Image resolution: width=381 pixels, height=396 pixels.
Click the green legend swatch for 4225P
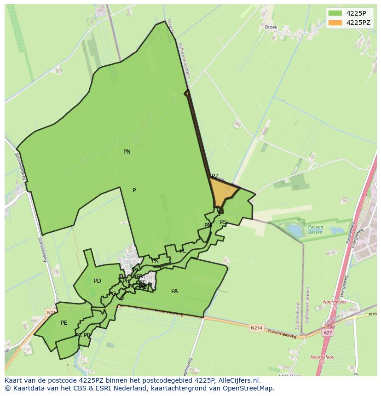[x=335, y=13]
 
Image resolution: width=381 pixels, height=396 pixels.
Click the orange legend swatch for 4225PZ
[x=335, y=23]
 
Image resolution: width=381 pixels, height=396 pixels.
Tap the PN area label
[x=127, y=152]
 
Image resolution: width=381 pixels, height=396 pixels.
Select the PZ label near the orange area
[x=215, y=176]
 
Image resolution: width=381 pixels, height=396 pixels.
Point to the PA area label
[x=174, y=291]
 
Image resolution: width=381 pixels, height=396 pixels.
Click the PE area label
[x=64, y=323]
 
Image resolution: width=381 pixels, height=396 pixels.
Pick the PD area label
[x=98, y=281]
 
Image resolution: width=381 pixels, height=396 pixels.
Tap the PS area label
[x=223, y=222]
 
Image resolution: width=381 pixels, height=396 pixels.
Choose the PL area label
[x=183, y=251]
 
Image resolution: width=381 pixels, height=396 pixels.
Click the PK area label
[x=155, y=261]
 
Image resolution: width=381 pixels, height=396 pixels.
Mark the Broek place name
[x=271, y=27]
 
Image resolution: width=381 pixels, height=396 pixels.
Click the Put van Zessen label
[x=316, y=230]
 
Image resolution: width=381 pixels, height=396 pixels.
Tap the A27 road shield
[x=328, y=333]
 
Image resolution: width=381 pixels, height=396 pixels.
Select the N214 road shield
[x=256, y=328]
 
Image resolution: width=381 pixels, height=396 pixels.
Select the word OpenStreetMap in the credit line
[x=248, y=388]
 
